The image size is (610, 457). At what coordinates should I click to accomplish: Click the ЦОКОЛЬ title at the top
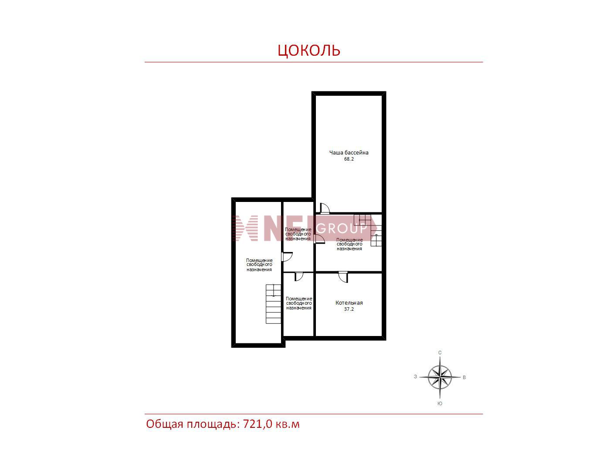coord(309,50)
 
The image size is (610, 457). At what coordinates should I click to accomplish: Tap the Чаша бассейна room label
coord(349,152)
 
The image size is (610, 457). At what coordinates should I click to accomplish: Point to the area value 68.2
coord(349,159)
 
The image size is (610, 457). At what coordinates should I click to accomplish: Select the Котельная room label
coord(349,303)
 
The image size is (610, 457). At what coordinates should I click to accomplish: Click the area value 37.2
coord(349,309)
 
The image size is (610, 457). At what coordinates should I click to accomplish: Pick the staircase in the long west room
coord(274,304)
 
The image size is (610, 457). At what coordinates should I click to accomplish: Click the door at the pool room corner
coord(325,208)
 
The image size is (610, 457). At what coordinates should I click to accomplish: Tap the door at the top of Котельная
coord(343,277)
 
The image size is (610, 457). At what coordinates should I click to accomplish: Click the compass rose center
coord(440,377)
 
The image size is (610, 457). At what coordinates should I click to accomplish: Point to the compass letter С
coord(440,353)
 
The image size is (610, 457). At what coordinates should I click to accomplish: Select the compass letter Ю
coord(440,403)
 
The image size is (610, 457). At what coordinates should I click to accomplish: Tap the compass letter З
coord(415,376)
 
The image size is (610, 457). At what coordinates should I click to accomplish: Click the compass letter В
coord(464,377)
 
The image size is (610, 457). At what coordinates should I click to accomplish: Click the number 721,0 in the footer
coord(258,424)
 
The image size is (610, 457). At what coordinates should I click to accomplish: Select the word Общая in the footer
coord(165,424)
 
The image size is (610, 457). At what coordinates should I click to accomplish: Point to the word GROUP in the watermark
coord(342,228)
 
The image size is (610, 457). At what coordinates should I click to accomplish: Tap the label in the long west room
coord(259,265)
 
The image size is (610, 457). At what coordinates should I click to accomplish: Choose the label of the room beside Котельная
coord(299,303)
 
